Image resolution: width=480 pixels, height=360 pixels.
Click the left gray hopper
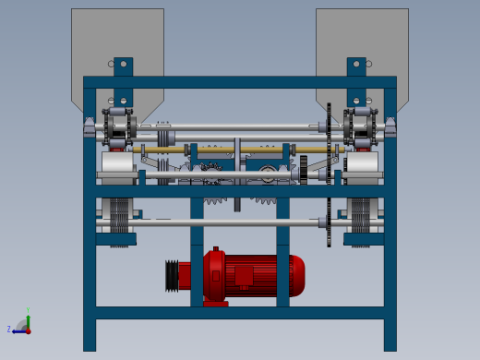click(117, 42)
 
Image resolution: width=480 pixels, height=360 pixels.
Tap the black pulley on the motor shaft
click(172, 275)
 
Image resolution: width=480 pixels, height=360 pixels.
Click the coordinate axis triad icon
click(23, 325)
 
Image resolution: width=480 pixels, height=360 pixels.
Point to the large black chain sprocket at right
click(329, 175)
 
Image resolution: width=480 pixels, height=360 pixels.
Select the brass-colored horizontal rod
click(240, 150)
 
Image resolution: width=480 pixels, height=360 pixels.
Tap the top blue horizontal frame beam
click(240, 82)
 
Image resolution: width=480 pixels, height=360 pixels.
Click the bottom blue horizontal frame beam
click(240, 312)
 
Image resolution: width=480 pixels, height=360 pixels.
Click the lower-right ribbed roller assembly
click(361, 222)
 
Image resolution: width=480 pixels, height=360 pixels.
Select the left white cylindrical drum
click(117, 166)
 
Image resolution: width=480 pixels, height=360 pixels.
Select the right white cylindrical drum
click(362, 166)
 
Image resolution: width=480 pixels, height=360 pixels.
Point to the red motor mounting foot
click(216, 302)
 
